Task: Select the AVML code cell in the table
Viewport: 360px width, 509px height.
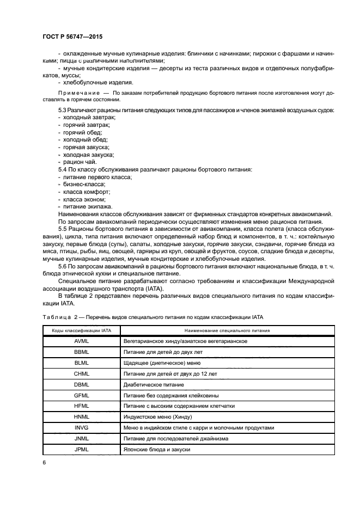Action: [x=81, y=341]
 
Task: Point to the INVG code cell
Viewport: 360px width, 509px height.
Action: [x=81, y=428]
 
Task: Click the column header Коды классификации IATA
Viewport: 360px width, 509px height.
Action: [x=81, y=330]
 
